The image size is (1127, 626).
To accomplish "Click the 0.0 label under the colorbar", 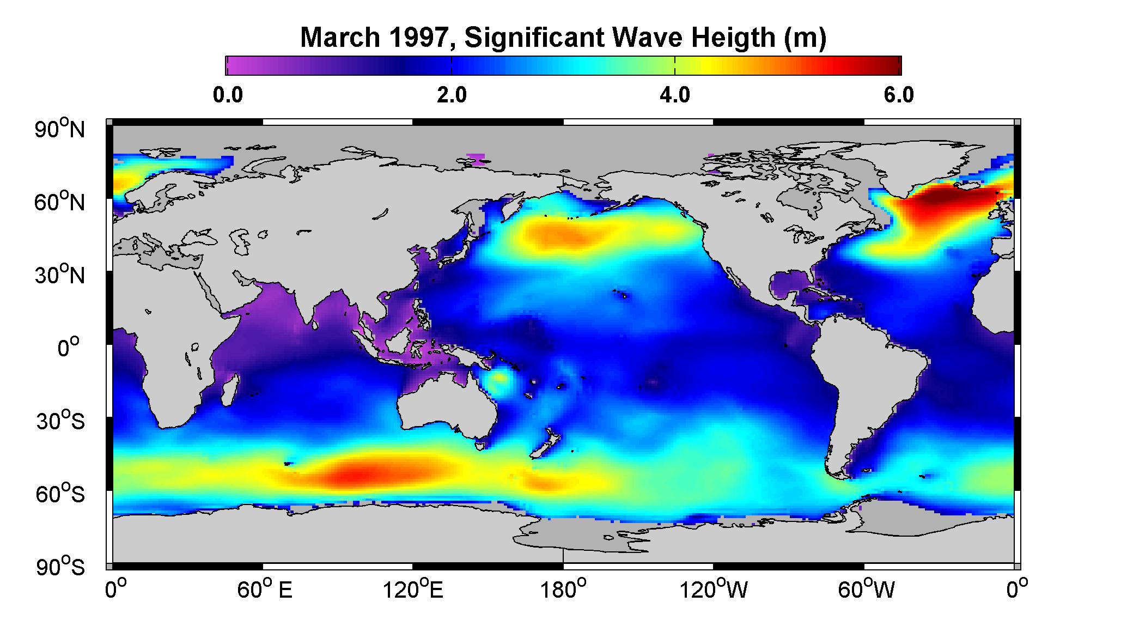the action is [x=228, y=95].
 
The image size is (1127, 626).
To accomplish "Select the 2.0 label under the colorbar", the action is [x=452, y=95].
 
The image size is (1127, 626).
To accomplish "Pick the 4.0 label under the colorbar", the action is [x=675, y=95].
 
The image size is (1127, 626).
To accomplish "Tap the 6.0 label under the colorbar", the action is [x=899, y=95].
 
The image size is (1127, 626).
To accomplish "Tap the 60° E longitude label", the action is [x=264, y=589].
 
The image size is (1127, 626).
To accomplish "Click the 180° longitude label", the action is [x=563, y=589].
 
